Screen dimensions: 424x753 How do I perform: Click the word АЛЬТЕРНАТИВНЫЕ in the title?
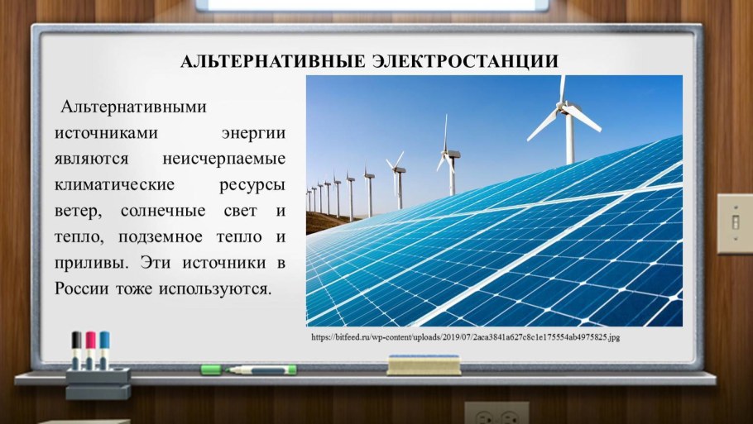click(271, 62)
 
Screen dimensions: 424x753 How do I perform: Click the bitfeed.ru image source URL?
click(465, 338)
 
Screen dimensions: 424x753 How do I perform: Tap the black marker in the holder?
click(77, 347)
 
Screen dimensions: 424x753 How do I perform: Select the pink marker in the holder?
click(90, 347)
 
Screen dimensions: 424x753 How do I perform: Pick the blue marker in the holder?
click(104, 347)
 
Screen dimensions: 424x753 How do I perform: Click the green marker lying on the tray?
click(248, 369)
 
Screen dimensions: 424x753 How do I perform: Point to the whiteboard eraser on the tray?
click(423, 364)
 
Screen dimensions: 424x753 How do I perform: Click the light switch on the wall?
click(734, 223)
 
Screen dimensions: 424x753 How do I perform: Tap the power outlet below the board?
click(496, 413)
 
